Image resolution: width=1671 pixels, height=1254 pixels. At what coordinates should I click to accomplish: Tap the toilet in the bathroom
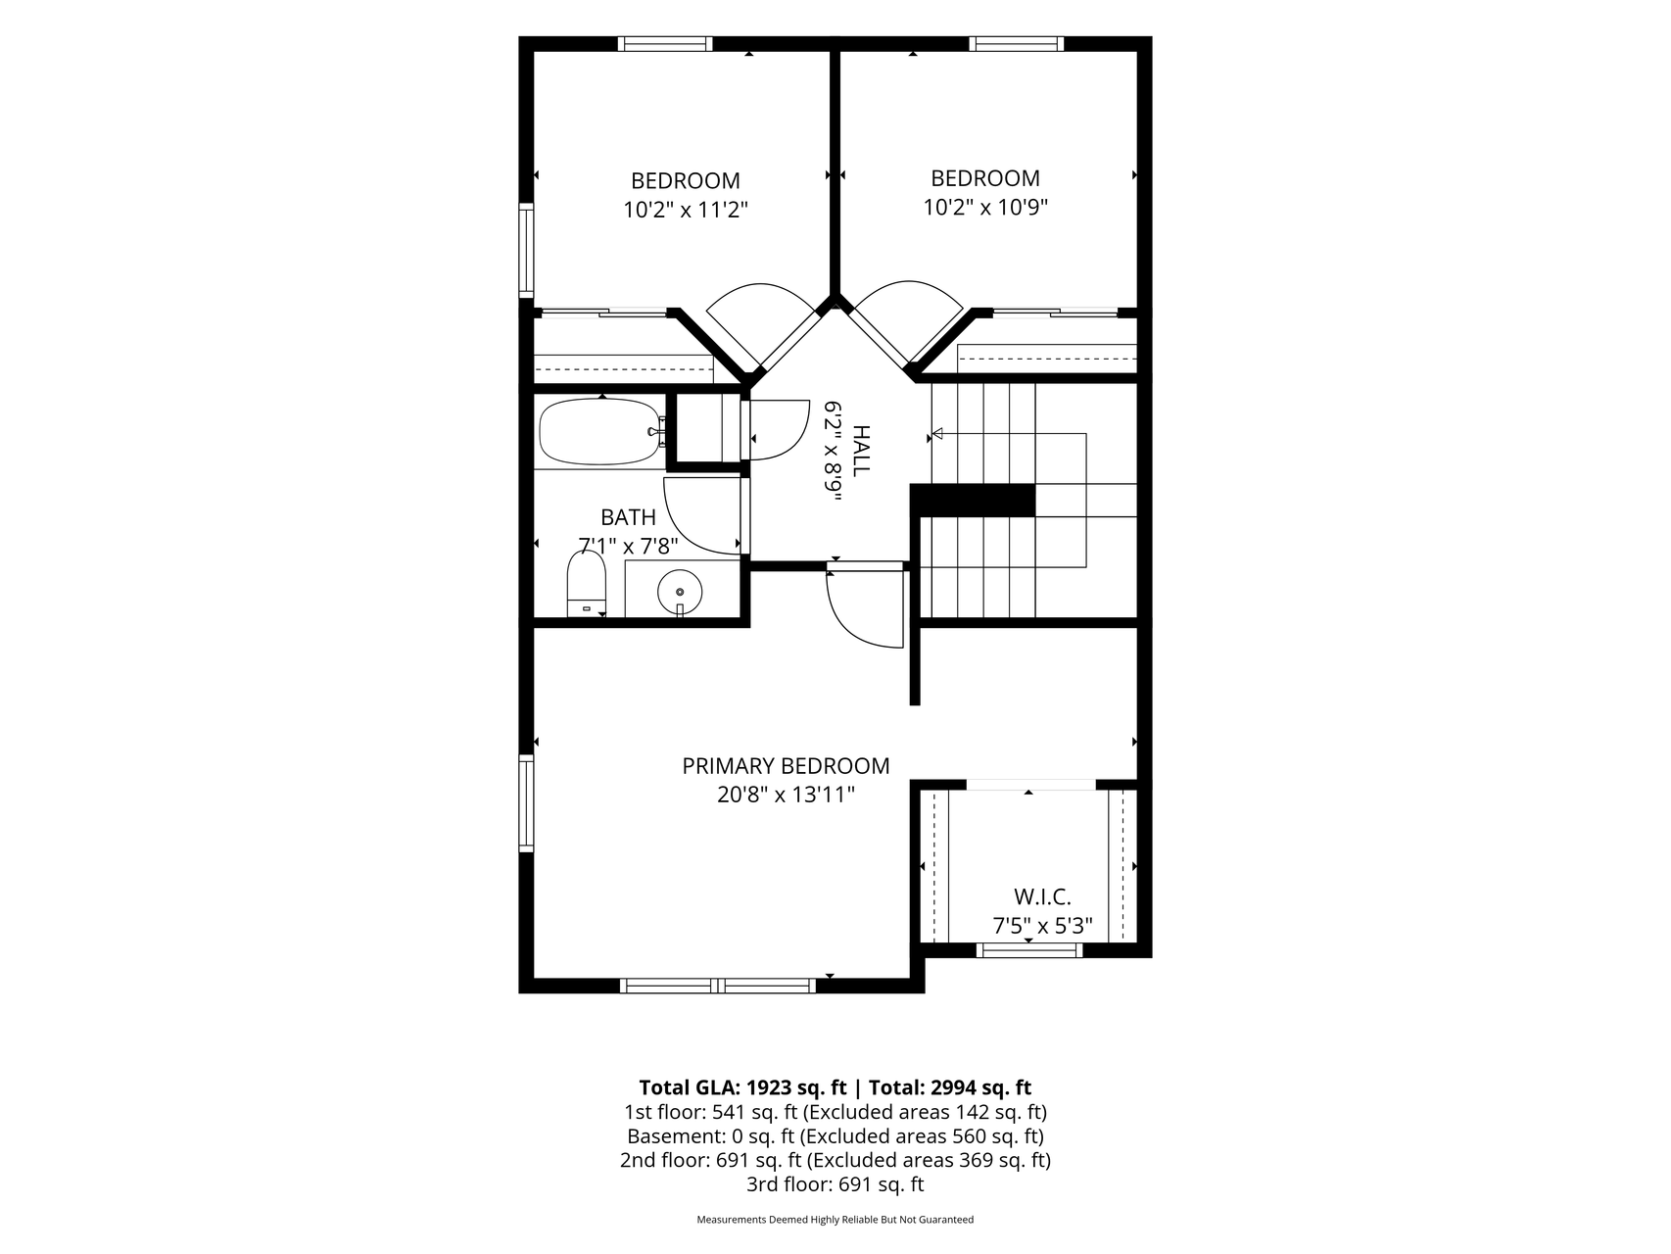pyautogui.click(x=587, y=584)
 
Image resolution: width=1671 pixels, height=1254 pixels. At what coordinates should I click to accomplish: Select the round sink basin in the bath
pyautogui.click(x=679, y=592)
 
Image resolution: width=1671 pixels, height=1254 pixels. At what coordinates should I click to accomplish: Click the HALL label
pyautogui.click(x=861, y=451)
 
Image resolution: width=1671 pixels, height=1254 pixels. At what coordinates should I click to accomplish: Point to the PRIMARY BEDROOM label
pyautogui.click(x=786, y=766)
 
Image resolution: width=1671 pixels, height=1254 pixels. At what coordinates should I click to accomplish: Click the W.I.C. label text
pyautogui.click(x=1042, y=896)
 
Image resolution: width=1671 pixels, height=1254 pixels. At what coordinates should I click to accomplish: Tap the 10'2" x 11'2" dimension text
pyautogui.click(x=686, y=210)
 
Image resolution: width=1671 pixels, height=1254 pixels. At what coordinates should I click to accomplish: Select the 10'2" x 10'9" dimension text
pyautogui.click(x=985, y=208)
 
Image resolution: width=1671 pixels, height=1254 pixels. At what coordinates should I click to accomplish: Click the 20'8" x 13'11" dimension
pyautogui.click(x=786, y=795)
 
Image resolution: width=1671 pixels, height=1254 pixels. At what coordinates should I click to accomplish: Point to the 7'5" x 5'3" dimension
pyautogui.click(x=1042, y=926)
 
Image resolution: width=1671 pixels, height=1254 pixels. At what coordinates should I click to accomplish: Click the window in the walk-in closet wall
pyautogui.click(x=1029, y=949)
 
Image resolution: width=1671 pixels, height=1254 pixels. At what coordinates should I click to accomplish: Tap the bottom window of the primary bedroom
pyautogui.click(x=719, y=986)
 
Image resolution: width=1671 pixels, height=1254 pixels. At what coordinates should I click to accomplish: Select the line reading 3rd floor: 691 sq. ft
pyautogui.click(x=835, y=1184)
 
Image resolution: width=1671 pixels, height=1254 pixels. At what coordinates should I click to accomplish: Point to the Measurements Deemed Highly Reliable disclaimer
pyautogui.click(x=835, y=1221)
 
